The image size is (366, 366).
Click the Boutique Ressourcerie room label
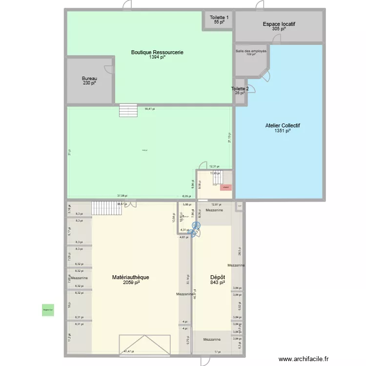(x=157, y=52)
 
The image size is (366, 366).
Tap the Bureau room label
(x=89, y=79)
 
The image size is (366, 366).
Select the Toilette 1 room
(x=219, y=20)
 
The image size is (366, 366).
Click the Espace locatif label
(x=279, y=24)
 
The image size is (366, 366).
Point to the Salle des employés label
(x=251, y=51)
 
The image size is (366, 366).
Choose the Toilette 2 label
(x=240, y=89)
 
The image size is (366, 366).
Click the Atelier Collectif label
(x=283, y=125)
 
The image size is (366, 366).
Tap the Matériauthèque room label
(x=130, y=277)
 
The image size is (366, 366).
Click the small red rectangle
(x=225, y=187)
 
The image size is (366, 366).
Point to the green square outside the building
(x=48, y=309)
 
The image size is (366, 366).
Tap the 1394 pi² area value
(x=157, y=58)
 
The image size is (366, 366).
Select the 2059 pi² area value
(x=131, y=283)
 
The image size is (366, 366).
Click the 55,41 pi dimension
(x=149, y=109)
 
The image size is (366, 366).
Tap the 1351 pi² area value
(x=283, y=131)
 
